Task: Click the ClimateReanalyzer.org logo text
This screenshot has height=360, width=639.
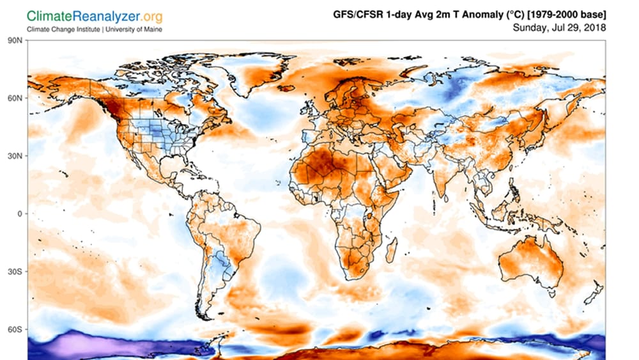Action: [94, 15]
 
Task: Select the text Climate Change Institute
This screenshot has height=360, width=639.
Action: [63, 29]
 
